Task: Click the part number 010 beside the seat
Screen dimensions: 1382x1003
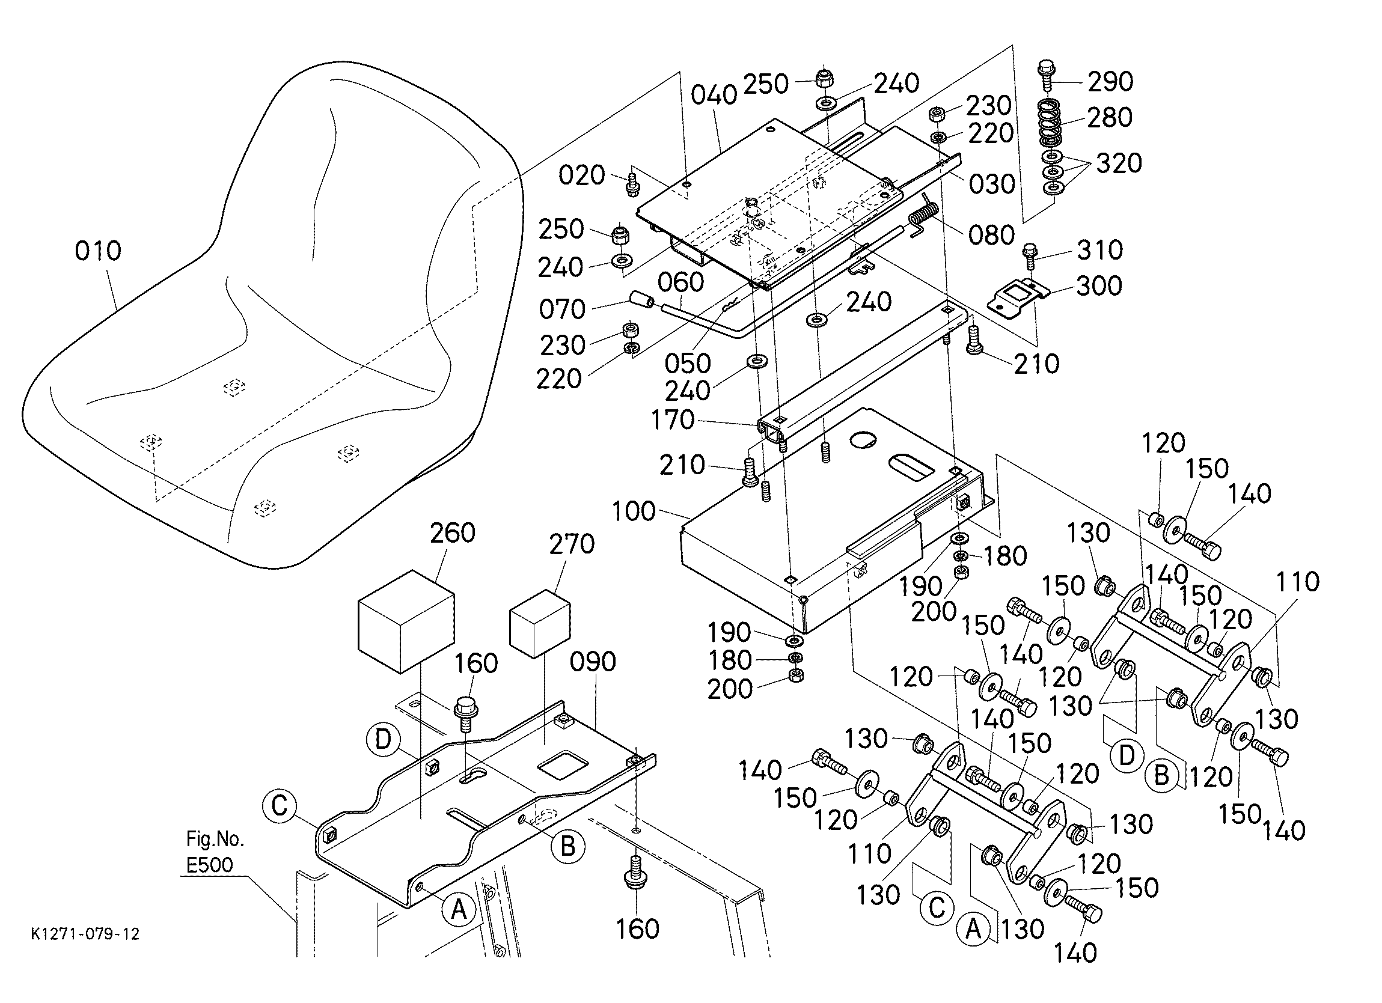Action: pyautogui.click(x=97, y=251)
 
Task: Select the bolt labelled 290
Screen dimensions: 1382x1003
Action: pyautogui.click(x=1045, y=75)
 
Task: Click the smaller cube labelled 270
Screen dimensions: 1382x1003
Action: pyautogui.click(x=539, y=623)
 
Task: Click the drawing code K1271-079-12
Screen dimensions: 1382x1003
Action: pyautogui.click(x=85, y=934)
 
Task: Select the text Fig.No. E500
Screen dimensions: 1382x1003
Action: pyautogui.click(x=215, y=852)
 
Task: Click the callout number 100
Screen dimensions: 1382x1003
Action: pyautogui.click(x=634, y=511)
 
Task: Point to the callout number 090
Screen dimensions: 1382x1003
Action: pyautogui.click(x=593, y=662)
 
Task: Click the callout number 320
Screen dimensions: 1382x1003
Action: pyautogui.click(x=1119, y=163)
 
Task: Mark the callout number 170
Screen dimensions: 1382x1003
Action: pyautogui.click(x=673, y=420)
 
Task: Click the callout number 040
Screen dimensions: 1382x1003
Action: pyautogui.click(x=714, y=96)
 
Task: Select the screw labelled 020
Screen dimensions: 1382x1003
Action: pyautogui.click(x=632, y=184)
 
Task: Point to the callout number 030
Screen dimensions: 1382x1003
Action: pyautogui.click(x=992, y=184)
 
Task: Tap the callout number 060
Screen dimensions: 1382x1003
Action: pyautogui.click(x=680, y=282)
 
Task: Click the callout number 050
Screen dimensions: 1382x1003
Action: pyautogui.click(x=687, y=363)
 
